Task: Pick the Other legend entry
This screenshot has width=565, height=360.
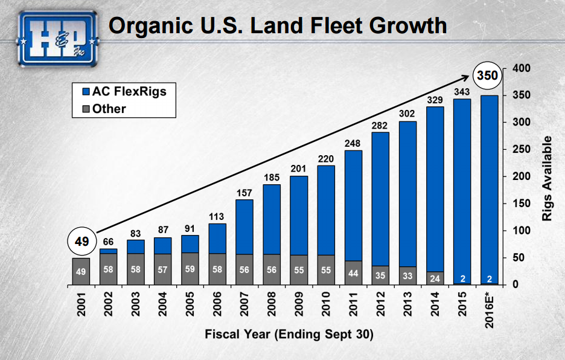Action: click(104, 109)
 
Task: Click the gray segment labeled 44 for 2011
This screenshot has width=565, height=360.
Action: click(353, 272)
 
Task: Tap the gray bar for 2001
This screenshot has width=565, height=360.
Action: click(81, 271)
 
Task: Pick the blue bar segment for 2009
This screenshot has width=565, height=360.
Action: click(299, 215)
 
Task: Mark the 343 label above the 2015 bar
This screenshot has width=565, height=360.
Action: click(462, 91)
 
